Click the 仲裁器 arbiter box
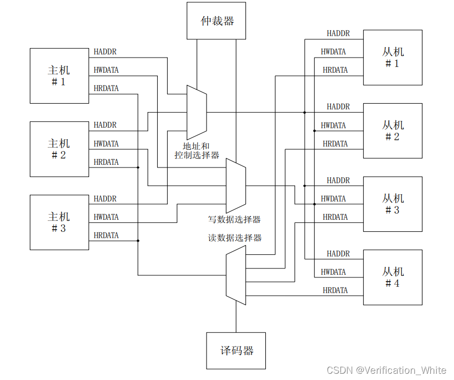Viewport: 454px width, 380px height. (217, 20)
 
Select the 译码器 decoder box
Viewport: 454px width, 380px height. (236, 350)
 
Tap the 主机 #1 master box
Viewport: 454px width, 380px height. (59, 75)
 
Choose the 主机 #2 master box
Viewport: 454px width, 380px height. (59, 149)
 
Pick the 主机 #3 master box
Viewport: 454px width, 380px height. (59, 222)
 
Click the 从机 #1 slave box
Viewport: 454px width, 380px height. (393, 57)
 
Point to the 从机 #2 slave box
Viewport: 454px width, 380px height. (393, 130)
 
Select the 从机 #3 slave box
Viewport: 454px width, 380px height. (393, 204)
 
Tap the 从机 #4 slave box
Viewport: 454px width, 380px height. (393, 277)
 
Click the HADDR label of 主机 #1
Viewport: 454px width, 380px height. (105, 52)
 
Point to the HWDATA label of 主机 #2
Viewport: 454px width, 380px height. (106, 143)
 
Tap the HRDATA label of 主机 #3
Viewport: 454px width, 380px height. (106, 236)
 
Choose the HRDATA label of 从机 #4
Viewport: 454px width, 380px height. (335, 290)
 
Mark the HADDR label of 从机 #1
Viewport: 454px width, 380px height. (338, 33)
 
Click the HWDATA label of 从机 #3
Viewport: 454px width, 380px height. (333, 199)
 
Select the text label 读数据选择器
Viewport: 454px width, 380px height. (235, 238)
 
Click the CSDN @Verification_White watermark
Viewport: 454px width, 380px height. (387, 371)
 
